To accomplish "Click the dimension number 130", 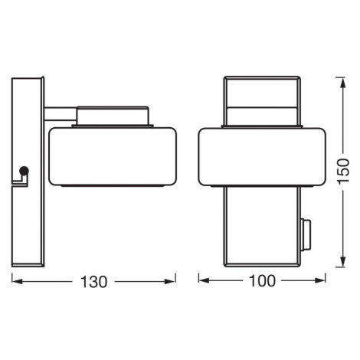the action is (x=93, y=282).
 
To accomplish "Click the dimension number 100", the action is (x=262, y=280).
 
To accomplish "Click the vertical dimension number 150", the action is (x=342, y=171).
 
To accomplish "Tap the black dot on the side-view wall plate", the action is (x=25, y=171).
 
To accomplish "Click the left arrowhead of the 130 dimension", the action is (x=17, y=282).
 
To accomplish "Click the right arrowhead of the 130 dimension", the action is (x=170, y=282).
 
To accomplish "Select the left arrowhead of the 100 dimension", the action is (x=204, y=280).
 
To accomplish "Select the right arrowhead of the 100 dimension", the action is (x=320, y=280).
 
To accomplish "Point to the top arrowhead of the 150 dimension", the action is (x=343, y=82).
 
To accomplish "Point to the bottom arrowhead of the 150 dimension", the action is (x=343, y=262).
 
